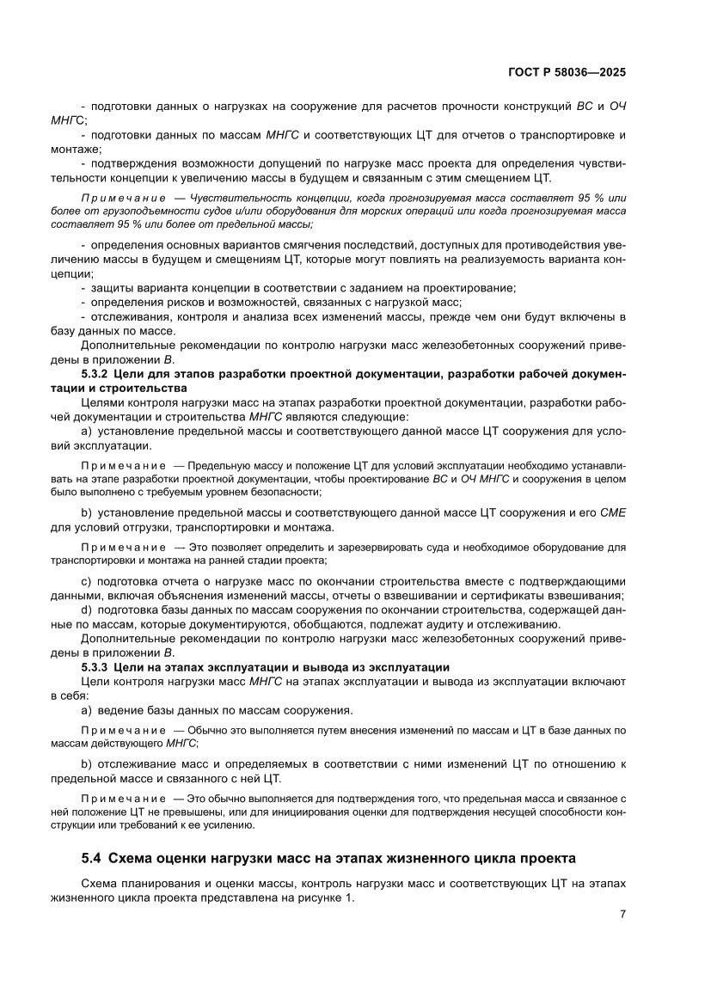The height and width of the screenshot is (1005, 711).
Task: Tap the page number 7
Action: [x=622, y=914]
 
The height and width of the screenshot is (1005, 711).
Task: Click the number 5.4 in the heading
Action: [x=92, y=857]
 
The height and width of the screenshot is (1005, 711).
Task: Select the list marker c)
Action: [x=86, y=581]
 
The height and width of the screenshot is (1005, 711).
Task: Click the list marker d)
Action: [x=86, y=610]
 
